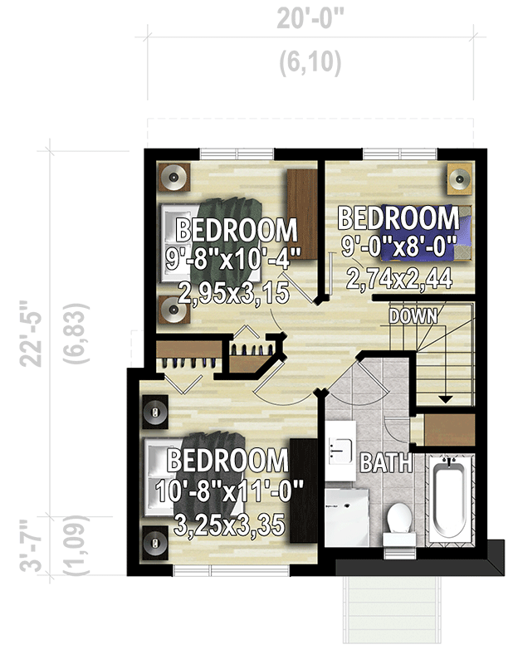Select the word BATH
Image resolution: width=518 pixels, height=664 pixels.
pyautogui.click(x=386, y=462)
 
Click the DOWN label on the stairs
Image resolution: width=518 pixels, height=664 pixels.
pyautogui.click(x=413, y=316)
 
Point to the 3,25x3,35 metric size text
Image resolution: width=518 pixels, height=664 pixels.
pyautogui.click(x=230, y=525)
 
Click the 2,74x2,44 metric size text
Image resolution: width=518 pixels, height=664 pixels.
pyautogui.click(x=398, y=280)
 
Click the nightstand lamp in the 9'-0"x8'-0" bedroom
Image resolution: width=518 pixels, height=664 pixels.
pyautogui.click(x=458, y=177)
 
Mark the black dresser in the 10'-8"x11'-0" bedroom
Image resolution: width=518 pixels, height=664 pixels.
pyautogui.click(x=305, y=490)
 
